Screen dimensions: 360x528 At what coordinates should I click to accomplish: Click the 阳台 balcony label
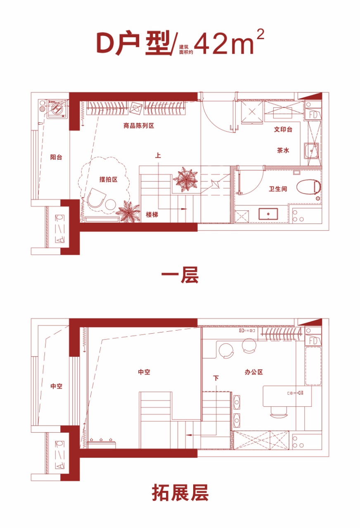(56, 157)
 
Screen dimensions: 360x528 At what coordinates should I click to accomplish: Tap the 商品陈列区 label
(139, 126)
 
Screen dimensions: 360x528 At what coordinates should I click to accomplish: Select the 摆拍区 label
(108, 179)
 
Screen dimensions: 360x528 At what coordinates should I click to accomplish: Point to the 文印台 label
(283, 129)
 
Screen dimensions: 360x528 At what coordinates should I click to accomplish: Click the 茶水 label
(283, 150)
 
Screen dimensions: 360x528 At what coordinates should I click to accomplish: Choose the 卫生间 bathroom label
(278, 189)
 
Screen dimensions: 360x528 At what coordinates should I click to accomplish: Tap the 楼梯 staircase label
(152, 214)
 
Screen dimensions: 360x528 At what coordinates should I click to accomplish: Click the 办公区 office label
(253, 372)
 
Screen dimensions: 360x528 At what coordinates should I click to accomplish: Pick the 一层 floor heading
(180, 275)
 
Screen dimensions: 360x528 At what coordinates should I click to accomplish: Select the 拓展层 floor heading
(180, 493)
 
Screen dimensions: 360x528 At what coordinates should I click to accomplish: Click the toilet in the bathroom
(308, 187)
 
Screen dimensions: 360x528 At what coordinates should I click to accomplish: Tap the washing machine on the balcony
(57, 108)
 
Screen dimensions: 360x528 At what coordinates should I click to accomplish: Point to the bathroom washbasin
(268, 214)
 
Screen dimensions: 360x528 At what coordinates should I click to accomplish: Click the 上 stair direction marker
(158, 156)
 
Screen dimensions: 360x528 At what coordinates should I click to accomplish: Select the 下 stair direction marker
(216, 378)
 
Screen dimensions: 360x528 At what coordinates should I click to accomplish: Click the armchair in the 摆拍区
(96, 198)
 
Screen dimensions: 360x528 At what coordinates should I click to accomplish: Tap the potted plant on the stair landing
(186, 179)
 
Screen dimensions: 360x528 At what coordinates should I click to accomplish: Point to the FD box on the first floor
(313, 115)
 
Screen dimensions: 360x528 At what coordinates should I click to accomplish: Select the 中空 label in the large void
(144, 372)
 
